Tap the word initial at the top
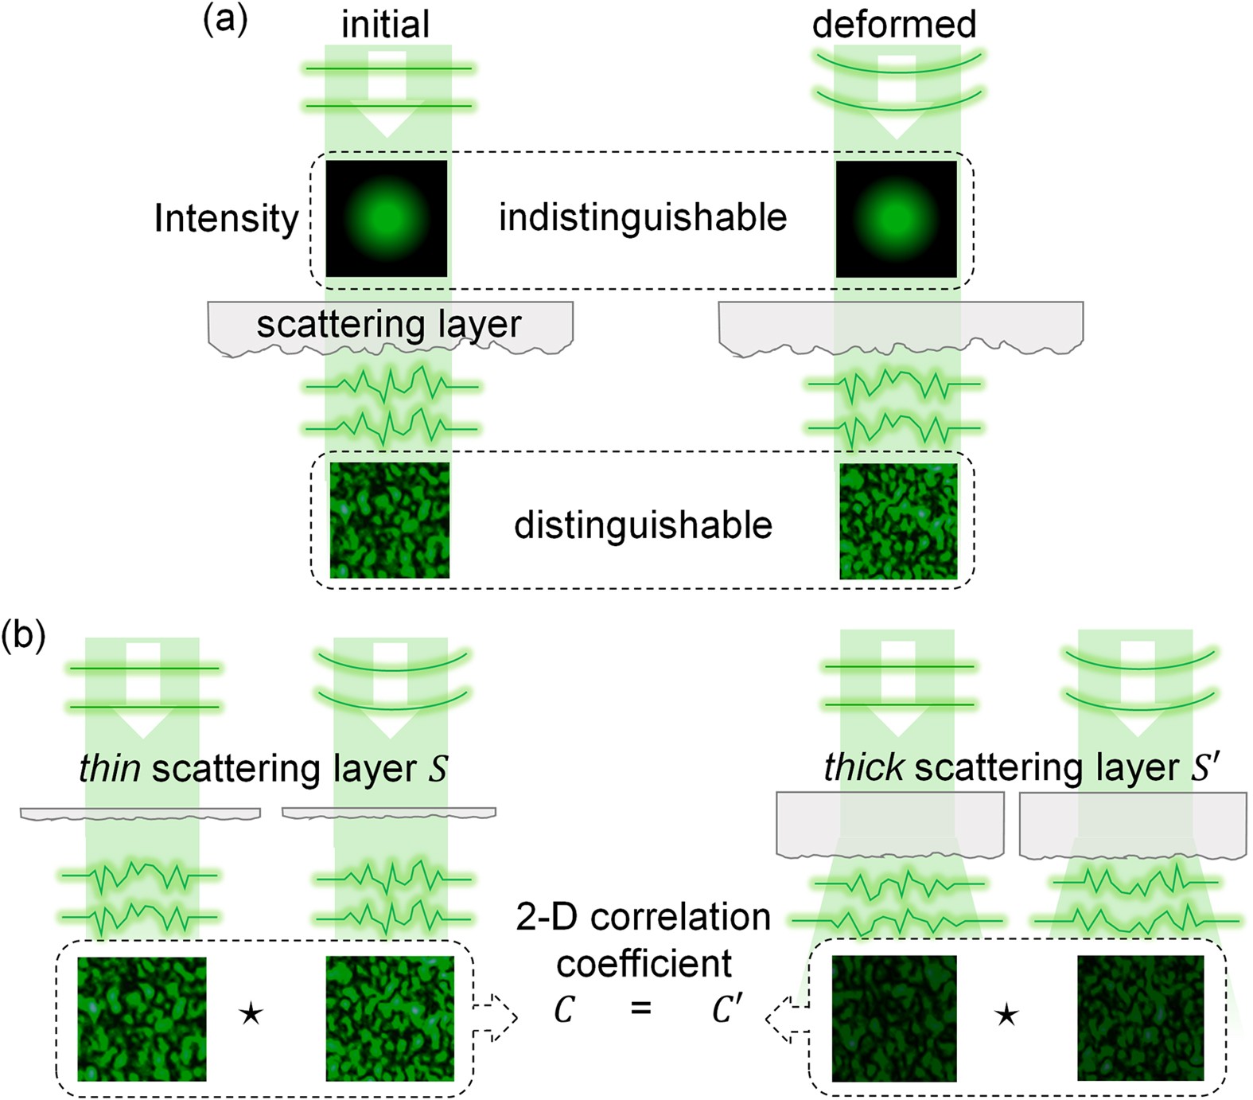(x=385, y=25)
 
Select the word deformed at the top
(x=893, y=25)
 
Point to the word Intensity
(x=226, y=219)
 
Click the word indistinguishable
(x=643, y=218)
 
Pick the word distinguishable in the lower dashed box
(x=643, y=525)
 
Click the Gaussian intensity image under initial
(x=387, y=219)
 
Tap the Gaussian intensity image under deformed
(x=897, y=219)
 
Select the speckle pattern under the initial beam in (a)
(x=390, y=521)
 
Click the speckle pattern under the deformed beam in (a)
(x=899, y=521)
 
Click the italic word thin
(x=110, y=769)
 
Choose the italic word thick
(x=863, y=768)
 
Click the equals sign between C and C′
(x=640, y=1009)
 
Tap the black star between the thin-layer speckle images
(x=251, y=1014)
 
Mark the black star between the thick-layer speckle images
(x=1006, y=1015)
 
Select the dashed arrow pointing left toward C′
(x=787, y=1017)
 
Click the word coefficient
(x=644, y=964)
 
